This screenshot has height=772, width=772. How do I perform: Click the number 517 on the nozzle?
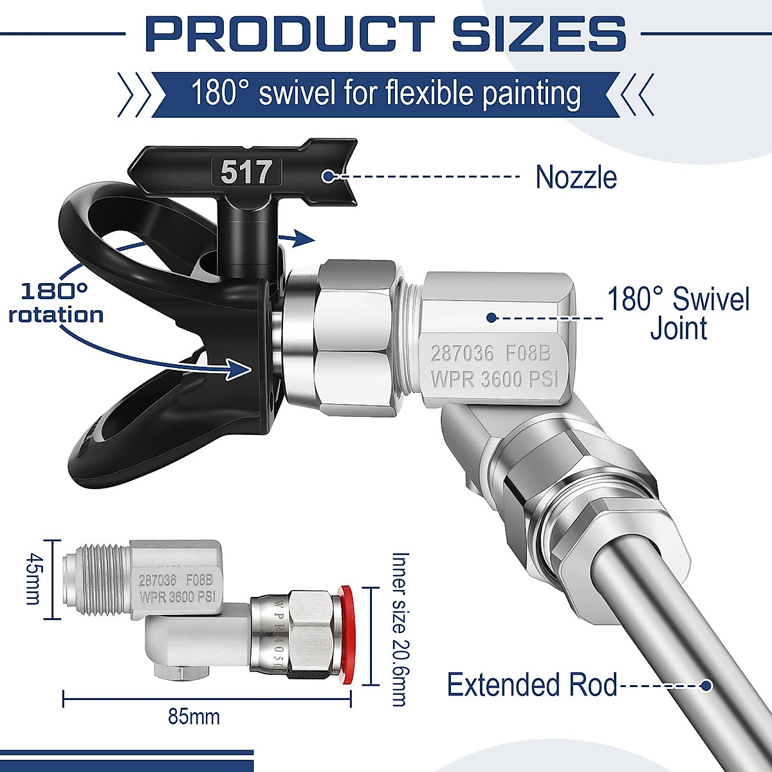pos(246,172)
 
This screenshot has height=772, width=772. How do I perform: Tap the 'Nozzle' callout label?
pos(576,177)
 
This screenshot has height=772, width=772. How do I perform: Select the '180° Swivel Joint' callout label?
pos(679,314)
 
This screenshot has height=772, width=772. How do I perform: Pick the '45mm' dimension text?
pos(33,579)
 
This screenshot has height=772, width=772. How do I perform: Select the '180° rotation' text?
pos(56,303)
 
